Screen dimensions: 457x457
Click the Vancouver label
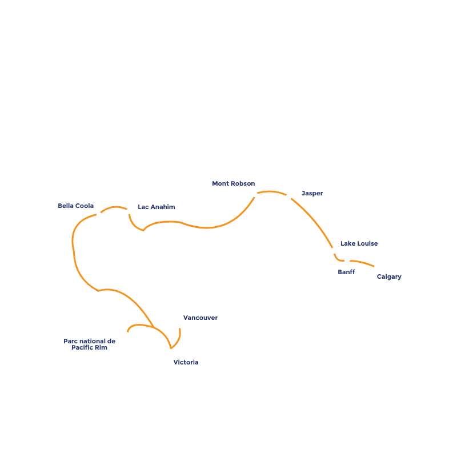[200, 318]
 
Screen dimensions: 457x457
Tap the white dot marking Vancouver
[179, 325]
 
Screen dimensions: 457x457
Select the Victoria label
[186, 362]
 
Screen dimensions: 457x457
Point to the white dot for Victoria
[171, 352]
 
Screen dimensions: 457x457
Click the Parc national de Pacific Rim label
[90, 344]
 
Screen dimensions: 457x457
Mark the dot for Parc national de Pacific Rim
[126, 335]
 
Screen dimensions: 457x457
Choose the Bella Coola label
[76, 206]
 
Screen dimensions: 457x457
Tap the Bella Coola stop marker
[99, 215]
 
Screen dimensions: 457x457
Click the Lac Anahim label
[156, 207]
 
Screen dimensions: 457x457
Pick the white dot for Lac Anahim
[129, 211]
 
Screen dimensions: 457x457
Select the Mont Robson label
[233, 184]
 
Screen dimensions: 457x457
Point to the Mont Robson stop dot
[254, 194]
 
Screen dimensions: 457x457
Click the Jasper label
[312, 194]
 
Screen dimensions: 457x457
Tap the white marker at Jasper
[288, 197]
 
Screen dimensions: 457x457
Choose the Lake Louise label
[359, 244]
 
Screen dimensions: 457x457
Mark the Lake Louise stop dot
[334, 251]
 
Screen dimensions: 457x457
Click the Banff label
[346, 272]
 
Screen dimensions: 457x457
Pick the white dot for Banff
[347, 261]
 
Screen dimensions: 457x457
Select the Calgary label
[389, 277]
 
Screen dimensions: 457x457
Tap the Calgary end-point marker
[376, 268]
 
